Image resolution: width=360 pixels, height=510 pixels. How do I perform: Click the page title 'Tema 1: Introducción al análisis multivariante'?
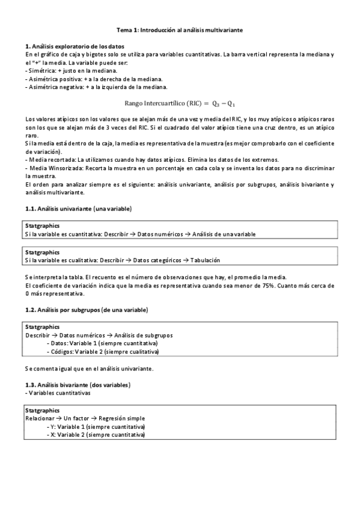click(180, 29)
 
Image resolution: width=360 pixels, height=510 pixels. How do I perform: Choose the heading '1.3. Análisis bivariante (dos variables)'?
click(79, 384)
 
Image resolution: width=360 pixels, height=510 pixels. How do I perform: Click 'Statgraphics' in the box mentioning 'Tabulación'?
click(43, 253)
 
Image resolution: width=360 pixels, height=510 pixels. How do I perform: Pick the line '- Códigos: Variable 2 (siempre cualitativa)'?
click(103, 351)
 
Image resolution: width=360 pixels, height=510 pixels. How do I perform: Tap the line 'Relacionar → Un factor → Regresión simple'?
click(85, 417)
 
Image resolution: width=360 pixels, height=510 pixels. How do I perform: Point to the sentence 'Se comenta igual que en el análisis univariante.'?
click(90, 368)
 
